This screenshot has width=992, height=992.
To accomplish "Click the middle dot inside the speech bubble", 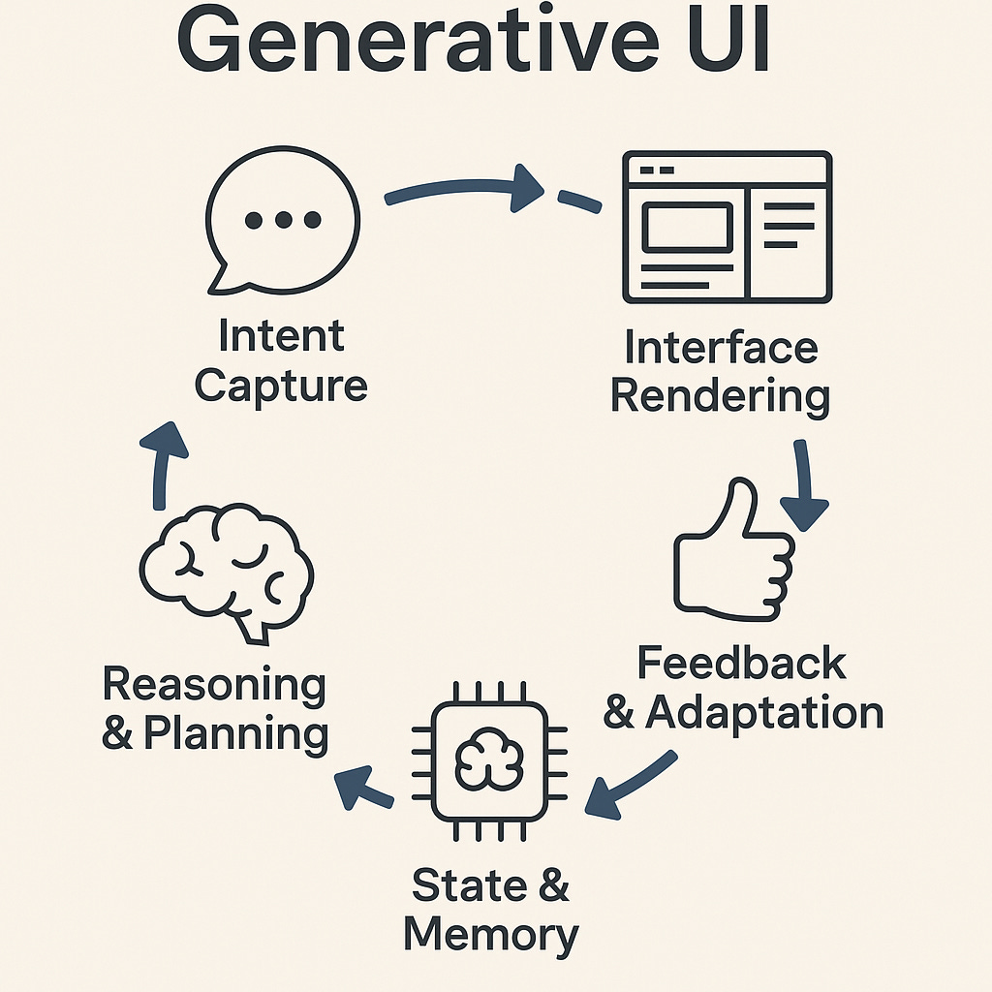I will click(283, 221).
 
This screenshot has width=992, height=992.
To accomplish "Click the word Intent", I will click(281, 336).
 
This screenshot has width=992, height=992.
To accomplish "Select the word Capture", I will click(281, 385).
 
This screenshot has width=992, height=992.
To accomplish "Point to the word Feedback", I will click(741, 664).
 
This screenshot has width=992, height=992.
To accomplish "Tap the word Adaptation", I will click(764, 713).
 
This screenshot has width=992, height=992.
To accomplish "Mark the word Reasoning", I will click(214, 684).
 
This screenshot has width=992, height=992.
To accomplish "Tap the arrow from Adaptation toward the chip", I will click(630, 785).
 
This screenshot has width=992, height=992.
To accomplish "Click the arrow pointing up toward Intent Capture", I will click(163, 465).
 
